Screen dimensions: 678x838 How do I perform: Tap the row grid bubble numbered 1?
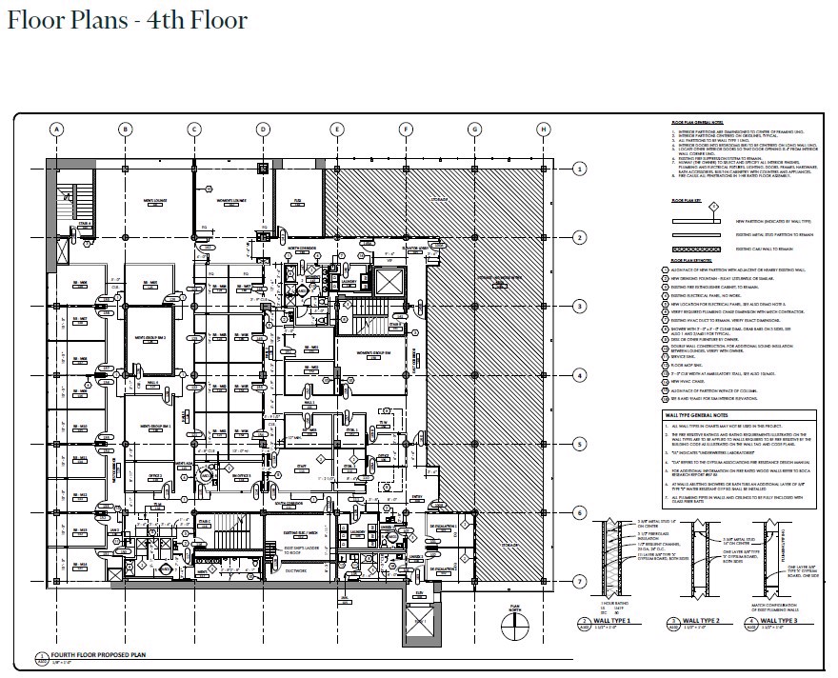(x=578, y=169)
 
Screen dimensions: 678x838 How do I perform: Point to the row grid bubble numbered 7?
(x=578, y=581)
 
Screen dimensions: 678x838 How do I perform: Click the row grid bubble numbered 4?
(x=578, y=375)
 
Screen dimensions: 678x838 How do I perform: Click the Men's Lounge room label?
(x=156, y=201)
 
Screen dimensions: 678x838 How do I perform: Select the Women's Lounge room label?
(x=231, y=201)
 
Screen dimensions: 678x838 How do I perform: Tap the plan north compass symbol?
(x=517, y=624)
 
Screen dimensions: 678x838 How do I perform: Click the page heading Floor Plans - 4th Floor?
(x=127, y=20)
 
